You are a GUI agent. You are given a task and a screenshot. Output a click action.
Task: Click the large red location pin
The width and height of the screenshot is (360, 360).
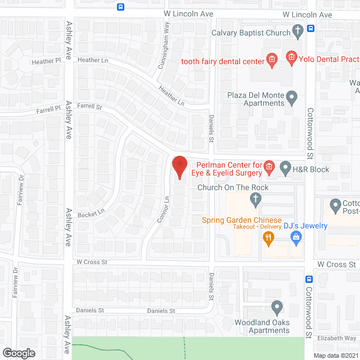click(179, 167)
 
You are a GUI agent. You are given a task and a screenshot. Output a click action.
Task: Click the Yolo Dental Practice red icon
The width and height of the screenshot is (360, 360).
click(291, 56)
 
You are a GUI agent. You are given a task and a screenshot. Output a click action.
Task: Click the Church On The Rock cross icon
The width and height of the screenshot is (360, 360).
click(255, 199)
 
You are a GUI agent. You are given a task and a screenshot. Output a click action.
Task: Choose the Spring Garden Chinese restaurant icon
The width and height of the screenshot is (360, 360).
click(268, 238)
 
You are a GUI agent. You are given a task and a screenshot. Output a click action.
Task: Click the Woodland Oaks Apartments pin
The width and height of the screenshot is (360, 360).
click(276, 307)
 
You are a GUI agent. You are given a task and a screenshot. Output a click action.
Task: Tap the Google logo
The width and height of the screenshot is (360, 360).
click(19, 353)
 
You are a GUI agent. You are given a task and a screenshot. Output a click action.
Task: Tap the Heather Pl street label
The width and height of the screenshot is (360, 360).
click(46, 61)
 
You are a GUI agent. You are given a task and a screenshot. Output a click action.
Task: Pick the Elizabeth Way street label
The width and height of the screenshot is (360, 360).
click(336, 338)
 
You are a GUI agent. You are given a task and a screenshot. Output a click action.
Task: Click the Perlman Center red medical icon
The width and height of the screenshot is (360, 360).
click(269, 166)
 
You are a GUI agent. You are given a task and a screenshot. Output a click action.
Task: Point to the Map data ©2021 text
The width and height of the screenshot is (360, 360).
click(336, 355)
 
